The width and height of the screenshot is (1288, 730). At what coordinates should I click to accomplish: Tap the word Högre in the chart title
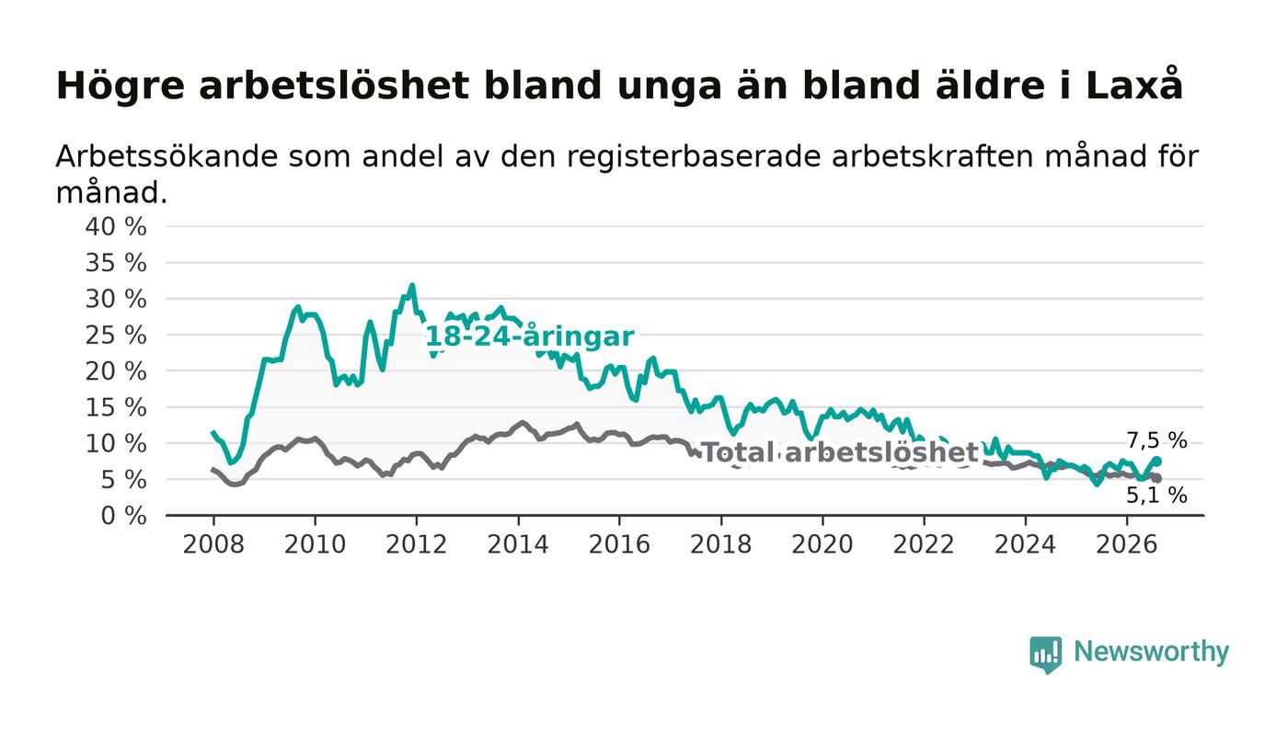(121, 87)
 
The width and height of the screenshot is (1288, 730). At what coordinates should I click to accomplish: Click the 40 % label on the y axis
(116, 226)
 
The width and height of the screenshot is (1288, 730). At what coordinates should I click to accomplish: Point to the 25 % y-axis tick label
(116, 335)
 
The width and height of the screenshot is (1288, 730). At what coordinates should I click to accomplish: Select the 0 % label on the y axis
(123, 516)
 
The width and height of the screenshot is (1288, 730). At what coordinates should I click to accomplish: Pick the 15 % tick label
(116, 407)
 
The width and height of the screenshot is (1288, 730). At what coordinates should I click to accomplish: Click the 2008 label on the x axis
(213, 544)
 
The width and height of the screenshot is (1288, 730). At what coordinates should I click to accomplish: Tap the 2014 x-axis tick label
(517, 544)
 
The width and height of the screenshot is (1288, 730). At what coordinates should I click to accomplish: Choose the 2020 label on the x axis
(822, 544)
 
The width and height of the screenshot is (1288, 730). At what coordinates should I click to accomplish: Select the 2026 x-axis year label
(1126, 544)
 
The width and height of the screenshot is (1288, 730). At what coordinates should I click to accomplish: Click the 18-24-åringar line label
(530, 336)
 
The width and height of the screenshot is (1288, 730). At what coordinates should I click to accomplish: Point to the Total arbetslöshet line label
(839, 452)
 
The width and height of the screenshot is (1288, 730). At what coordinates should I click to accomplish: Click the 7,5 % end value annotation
(1157, 441)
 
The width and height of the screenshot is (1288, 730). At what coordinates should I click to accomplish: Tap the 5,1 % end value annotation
(1157, 495)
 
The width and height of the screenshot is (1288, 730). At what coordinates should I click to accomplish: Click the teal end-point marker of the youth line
(1157, 462)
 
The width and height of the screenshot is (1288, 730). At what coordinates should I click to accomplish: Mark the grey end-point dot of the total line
(1157, 478)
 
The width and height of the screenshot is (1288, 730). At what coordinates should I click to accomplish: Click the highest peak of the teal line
(412, 285)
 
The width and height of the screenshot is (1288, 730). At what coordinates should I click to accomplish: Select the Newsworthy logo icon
(1045, 654)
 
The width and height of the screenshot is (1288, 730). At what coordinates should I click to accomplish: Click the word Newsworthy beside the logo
(1151, 652)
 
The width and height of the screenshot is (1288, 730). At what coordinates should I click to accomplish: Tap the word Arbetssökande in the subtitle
(167, 156)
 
